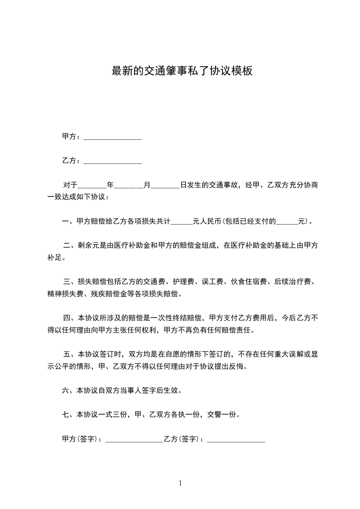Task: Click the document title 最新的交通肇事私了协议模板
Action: pos(182,71)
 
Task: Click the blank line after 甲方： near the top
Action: pos(113,137)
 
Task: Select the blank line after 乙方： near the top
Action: pos(113,162)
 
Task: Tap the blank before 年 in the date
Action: pos(92,186)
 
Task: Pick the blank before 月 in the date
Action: pos(128,186)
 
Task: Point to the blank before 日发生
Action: pos(164,186)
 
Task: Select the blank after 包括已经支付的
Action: pos(287,222)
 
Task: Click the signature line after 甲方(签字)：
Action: pos(134,440)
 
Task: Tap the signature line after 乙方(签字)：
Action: pos(236,440)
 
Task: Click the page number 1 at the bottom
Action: pos(180,484)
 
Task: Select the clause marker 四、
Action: pos(69,318)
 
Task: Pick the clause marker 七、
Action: pos(68,415)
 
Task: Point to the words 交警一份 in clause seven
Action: pos(222,415)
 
